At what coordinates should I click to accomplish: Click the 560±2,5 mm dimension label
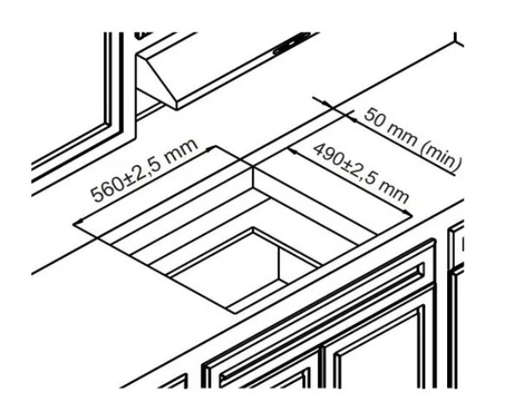point(144,170)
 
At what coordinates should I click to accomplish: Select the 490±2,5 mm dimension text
point(360,173)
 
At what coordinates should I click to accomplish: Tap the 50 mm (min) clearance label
point(413,140)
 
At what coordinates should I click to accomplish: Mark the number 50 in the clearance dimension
point(373,117)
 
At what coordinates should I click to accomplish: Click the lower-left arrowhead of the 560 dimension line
point(77,223)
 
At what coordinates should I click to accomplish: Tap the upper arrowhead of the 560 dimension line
point(211,149)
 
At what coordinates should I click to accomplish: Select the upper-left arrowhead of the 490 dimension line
point(291,150)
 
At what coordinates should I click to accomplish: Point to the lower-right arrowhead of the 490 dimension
point(407,213)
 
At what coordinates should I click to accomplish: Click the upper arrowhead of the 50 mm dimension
point(326,104)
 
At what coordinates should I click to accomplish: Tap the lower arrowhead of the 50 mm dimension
point(353,119)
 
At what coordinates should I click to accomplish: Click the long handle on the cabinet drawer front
point(321,325)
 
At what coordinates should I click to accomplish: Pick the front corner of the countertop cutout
point(234,313)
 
